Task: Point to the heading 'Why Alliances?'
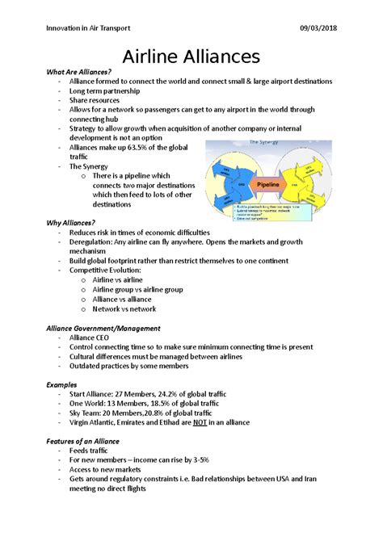coord(71,222)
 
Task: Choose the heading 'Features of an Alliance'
coord(83,442)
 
